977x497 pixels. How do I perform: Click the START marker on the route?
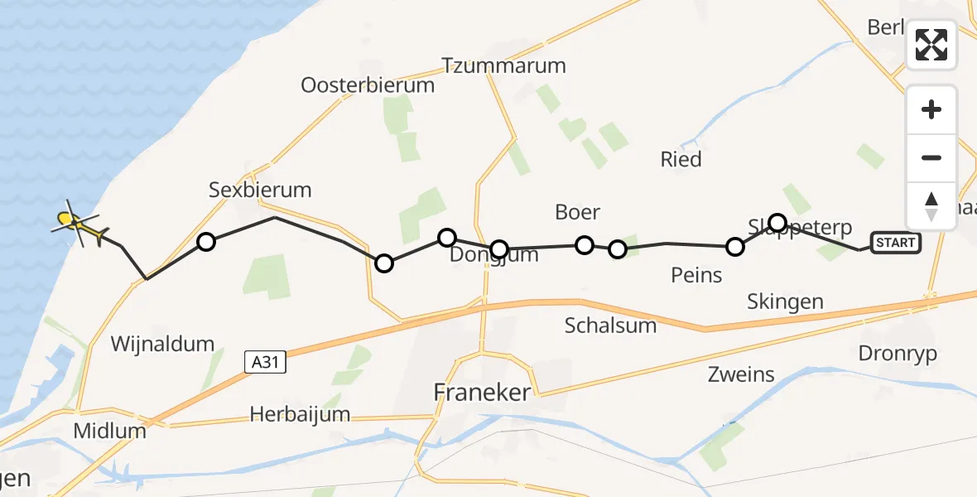click(x=895, y=243)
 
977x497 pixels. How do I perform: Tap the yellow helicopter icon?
click(x=77, y=223)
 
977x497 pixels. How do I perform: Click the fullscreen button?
click(x=931, y=45)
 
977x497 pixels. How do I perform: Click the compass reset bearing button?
click(x=931, y=205)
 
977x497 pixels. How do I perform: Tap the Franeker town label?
click(x=482, y=393)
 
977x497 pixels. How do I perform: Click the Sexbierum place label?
click(x=260, y=190)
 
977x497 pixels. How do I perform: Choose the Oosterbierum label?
click(x=367, y=84)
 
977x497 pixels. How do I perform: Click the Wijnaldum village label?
click(x=162, y=343)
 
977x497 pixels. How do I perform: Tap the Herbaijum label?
click(x=301, y=414)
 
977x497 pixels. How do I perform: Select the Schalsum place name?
click(x=610, y=325)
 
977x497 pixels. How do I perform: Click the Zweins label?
click(x=741, y=374)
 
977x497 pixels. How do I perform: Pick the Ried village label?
click(x=681, y=159)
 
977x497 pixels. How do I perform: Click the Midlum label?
click(x=109, y=431)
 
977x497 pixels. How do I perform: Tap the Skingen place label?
click(x=784, y=302)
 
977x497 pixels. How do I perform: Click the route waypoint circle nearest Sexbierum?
click(x=206, y=242)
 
